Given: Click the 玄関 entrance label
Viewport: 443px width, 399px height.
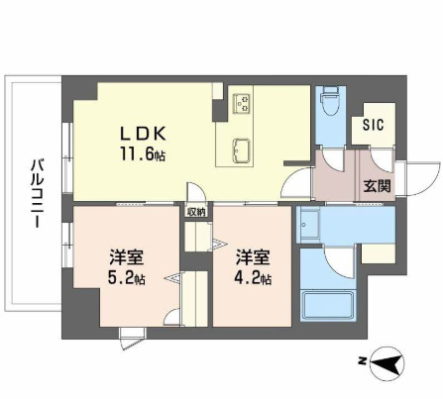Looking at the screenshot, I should tap(376, 185).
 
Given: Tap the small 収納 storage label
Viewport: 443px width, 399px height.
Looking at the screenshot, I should tap(196, 210).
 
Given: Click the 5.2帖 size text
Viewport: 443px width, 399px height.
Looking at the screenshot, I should tap(127, 278).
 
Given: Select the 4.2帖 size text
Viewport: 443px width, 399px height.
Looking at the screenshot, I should tap(252, 278).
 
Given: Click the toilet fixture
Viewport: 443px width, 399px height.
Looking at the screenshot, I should tap(330, 103).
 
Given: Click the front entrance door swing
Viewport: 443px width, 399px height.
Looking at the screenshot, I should tap(420, 178).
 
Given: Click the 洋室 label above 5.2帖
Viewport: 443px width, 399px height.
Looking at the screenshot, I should tap(127, 258).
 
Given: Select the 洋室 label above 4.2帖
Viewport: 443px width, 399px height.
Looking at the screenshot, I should tap(252, 258).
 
